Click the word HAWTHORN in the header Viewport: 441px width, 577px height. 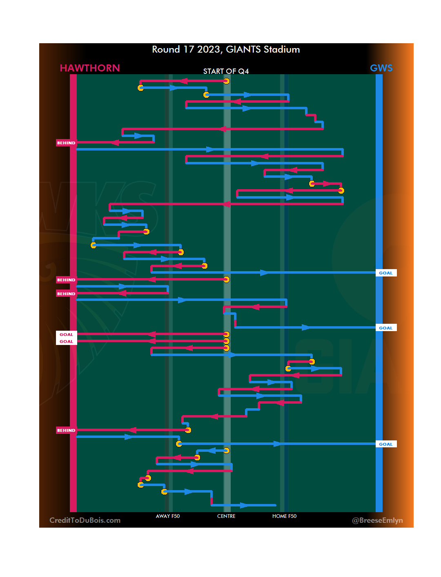[x=90, y=68]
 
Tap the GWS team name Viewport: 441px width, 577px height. [x=381, y=68]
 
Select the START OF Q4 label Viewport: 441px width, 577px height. [x=226, y=71]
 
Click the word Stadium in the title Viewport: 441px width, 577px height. [x=282, y=49]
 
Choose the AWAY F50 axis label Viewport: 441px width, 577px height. [x=168, y=516]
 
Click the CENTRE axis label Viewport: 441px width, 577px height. [x=226, y=516]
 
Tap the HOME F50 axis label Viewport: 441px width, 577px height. [x=284, y=516]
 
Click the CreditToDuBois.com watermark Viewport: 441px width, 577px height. [x=85, y=520]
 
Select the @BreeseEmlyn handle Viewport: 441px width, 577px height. [x=377, y=520]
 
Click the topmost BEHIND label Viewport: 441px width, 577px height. [x=66, y=143]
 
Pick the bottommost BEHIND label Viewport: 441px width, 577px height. [x=66, y=431]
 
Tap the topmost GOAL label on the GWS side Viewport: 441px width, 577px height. [x=385, y=273]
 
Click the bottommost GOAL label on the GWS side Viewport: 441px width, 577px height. [x=385, y=444]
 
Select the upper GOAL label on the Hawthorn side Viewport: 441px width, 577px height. [x=66, y=335]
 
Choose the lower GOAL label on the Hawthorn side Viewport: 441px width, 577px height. [x=66, y=342]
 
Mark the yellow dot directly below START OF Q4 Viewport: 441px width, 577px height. [x=226, y=81]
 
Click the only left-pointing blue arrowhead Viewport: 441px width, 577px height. [x=212, y=451]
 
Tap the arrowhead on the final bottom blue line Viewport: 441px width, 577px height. [x=244, y=506]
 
